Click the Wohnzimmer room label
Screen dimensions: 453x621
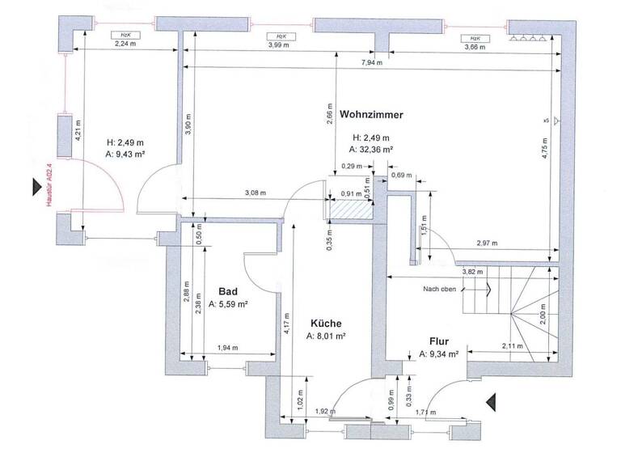pos(371,114)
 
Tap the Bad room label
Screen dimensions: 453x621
pos(228,291)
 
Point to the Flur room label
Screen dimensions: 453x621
pos(439,341)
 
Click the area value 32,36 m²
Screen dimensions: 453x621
pos(371,150)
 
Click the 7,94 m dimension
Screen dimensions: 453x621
pos(371,62)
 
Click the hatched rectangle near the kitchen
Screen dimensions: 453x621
pos(349,210)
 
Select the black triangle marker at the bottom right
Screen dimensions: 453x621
pos(489,400)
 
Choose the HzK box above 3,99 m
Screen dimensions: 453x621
pos(280,36)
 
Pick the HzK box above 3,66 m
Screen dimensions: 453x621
pos(475,38)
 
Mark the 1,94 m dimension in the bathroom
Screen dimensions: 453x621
pos(228,348)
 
